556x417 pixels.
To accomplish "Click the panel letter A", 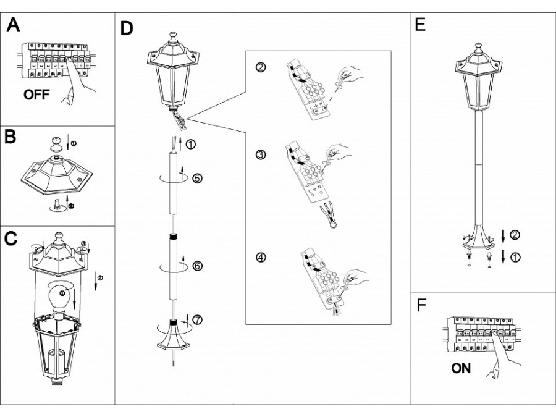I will (12, 27).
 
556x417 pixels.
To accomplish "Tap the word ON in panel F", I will (461, 369).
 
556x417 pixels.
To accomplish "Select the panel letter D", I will (127, 29).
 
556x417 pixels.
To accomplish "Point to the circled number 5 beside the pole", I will (197, 179).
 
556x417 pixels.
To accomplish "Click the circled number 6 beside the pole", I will (197, 266).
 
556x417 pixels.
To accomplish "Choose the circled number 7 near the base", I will (197, 321).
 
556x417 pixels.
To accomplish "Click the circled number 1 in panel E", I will (515, 256).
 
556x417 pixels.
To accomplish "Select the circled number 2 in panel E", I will (515, 234).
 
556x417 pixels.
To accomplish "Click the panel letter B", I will (11, 137).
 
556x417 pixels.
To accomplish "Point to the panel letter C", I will (11, 239).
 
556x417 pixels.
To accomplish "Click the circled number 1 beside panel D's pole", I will (191, 145).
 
